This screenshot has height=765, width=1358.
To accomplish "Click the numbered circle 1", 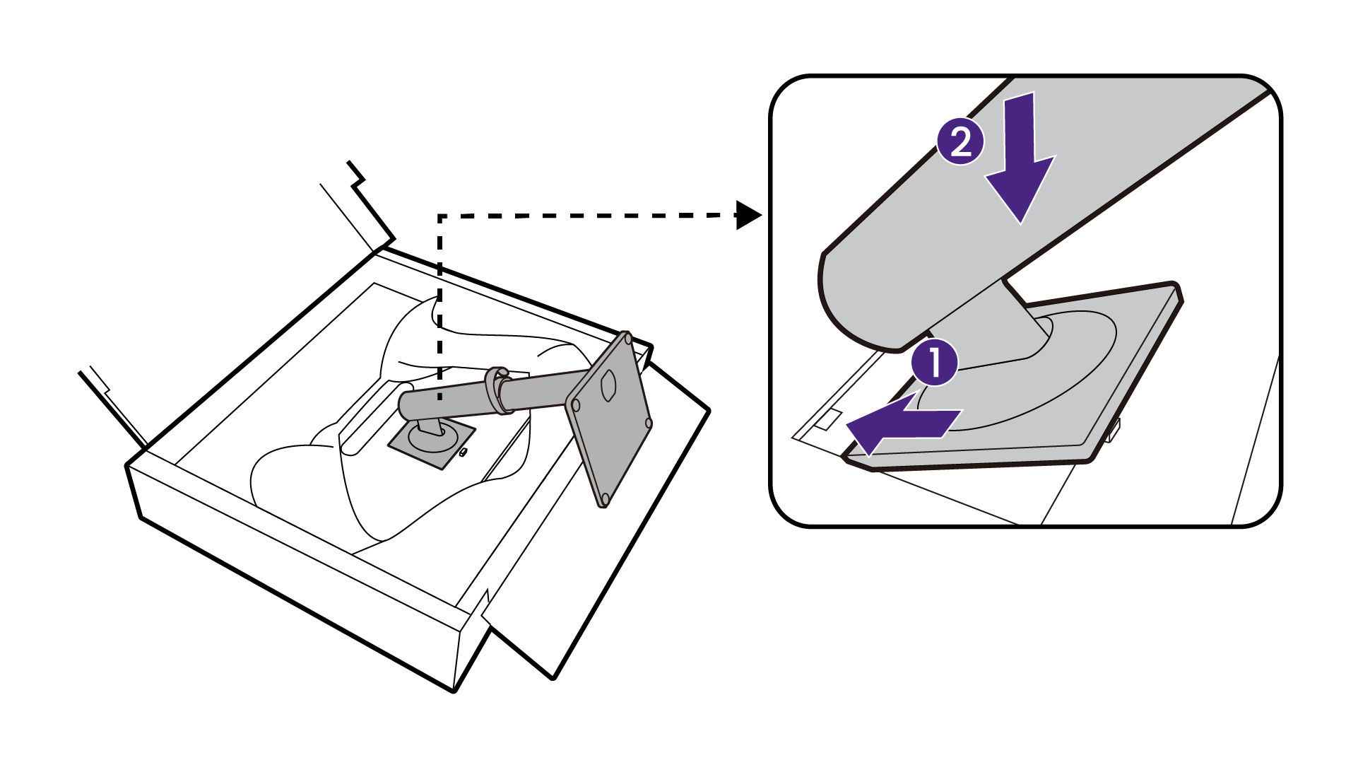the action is [934, 363].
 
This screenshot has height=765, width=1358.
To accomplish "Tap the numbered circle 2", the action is [960, 143].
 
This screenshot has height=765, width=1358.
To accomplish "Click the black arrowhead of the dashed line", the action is [748, 214].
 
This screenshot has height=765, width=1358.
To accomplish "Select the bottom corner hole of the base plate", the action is [603, 501].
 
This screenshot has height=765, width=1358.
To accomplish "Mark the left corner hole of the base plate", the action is [575, 406].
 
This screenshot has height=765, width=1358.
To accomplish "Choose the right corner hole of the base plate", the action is [648, 423].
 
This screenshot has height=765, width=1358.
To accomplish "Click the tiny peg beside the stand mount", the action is [464, 452].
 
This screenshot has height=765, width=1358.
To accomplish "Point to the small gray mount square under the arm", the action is [431, 443].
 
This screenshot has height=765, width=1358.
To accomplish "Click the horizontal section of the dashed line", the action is [586, 215].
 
